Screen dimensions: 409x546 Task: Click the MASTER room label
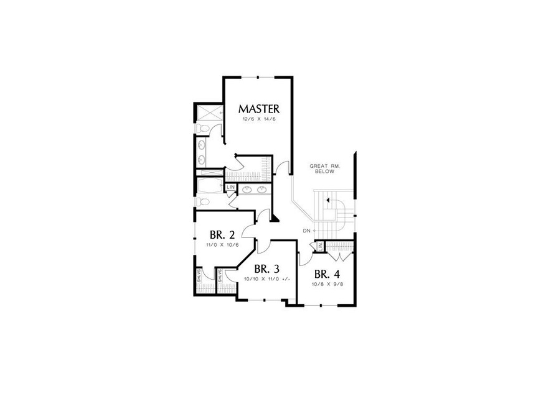coord(258,109)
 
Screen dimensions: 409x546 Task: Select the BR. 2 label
coord(222,235)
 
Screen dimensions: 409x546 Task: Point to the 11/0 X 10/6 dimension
coord(222,245)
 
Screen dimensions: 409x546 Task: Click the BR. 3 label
coord(266,269)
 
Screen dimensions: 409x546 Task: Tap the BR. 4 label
coord(326,274)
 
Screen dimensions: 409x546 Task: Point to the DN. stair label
coord(306,231)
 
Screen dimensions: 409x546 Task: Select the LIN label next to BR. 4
coord(320,247)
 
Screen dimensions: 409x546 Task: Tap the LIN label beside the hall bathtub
coord(230,187)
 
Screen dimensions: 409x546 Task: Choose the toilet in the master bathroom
coord(200,129)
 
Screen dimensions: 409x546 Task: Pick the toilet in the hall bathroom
coord(200,201)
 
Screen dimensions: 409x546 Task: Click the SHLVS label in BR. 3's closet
coord(219,277)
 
